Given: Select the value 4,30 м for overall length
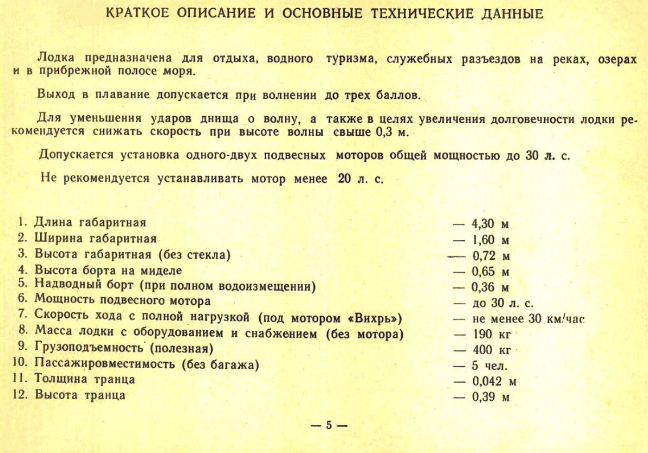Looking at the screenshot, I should [x=490, y=224].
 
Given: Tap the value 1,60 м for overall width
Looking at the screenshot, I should [x=490, y=240].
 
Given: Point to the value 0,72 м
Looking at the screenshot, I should [x=491, y=256].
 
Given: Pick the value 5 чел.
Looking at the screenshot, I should [x=490, y=366].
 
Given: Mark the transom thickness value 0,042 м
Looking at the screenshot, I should [x=494, y=382].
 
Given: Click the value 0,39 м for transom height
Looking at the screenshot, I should [x=491, y=397].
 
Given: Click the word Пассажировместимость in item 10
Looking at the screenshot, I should [x=105, y=364].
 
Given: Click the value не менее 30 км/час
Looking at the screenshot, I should [x=528, y=319].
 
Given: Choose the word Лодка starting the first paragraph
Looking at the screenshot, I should [x=56, y=58].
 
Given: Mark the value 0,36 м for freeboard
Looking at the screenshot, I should [x=490, y=288].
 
